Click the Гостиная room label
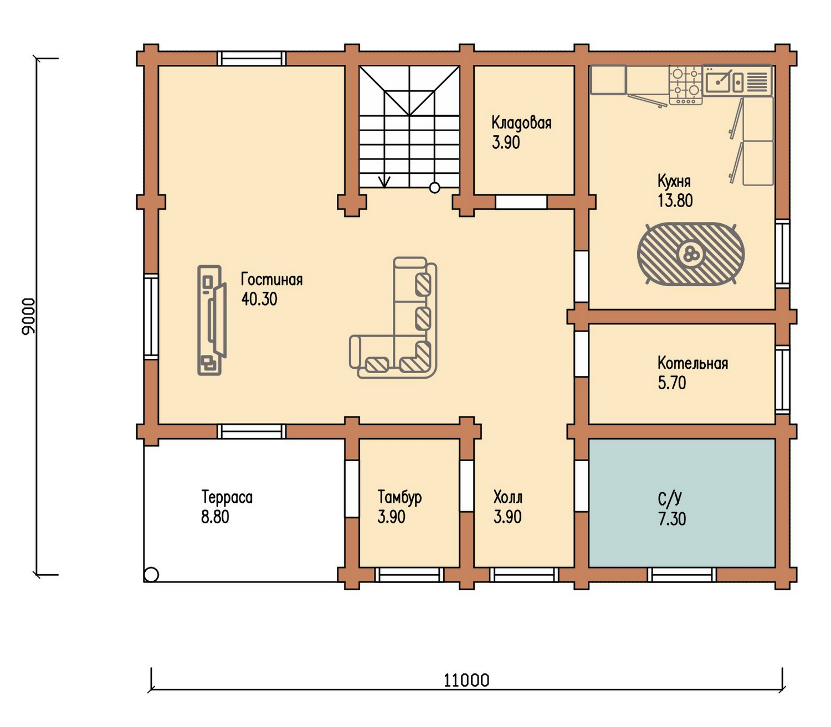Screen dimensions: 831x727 point(271,279)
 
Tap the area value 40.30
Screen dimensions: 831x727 point(259,299)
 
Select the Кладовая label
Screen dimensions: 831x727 point(521,122)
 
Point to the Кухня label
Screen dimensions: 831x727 point(674,182)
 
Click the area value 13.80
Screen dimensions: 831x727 point(675,200)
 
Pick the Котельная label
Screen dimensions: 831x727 point(693,363)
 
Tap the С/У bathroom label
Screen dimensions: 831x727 point(670,498)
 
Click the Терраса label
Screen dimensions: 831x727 point(227,497)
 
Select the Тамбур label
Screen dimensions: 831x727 point(399,497)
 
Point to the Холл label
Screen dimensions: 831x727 point(507,497)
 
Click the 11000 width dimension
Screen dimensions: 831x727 point(466,680)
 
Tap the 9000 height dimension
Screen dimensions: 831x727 point(29,316)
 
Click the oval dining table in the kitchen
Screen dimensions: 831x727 point(690,254)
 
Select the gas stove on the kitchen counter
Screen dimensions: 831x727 point(685,84)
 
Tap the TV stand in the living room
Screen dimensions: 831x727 point(211,320)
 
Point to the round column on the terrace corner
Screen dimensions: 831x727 point(151,574)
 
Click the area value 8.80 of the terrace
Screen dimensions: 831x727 point(215,517)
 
